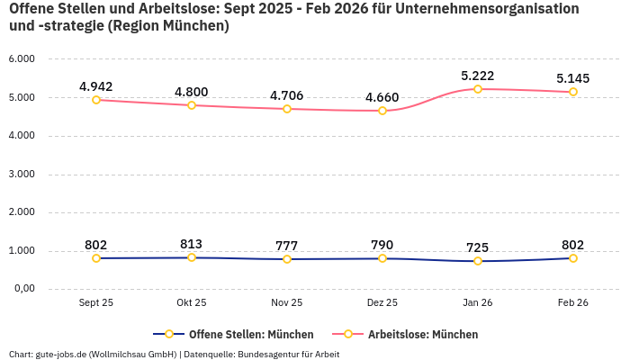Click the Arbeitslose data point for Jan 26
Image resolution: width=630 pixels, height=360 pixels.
coord(478,89)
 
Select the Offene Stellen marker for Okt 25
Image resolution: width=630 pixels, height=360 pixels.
coord(192,257)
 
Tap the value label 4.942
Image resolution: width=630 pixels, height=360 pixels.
coord(96,86)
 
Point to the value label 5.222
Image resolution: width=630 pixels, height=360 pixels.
coord(478,76)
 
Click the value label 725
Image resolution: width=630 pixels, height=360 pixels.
coord(478,247)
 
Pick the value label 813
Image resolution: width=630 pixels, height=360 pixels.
coord(192,244)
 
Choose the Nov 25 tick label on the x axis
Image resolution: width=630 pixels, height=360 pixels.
coord(287,303)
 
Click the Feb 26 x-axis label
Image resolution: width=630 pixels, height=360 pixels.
coord(573,303)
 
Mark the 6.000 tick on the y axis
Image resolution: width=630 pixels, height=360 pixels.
coord(22,58)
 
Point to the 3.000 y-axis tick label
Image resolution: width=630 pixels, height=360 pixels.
coord(22,174)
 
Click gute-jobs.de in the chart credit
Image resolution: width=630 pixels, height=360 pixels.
coord(63,354)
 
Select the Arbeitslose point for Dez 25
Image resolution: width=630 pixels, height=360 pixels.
coord(382,111)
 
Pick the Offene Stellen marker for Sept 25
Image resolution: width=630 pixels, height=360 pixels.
coord(96,258)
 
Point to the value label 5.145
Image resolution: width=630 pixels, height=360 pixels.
coord(573,78)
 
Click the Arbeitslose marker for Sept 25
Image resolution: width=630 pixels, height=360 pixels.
coord(96,100)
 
